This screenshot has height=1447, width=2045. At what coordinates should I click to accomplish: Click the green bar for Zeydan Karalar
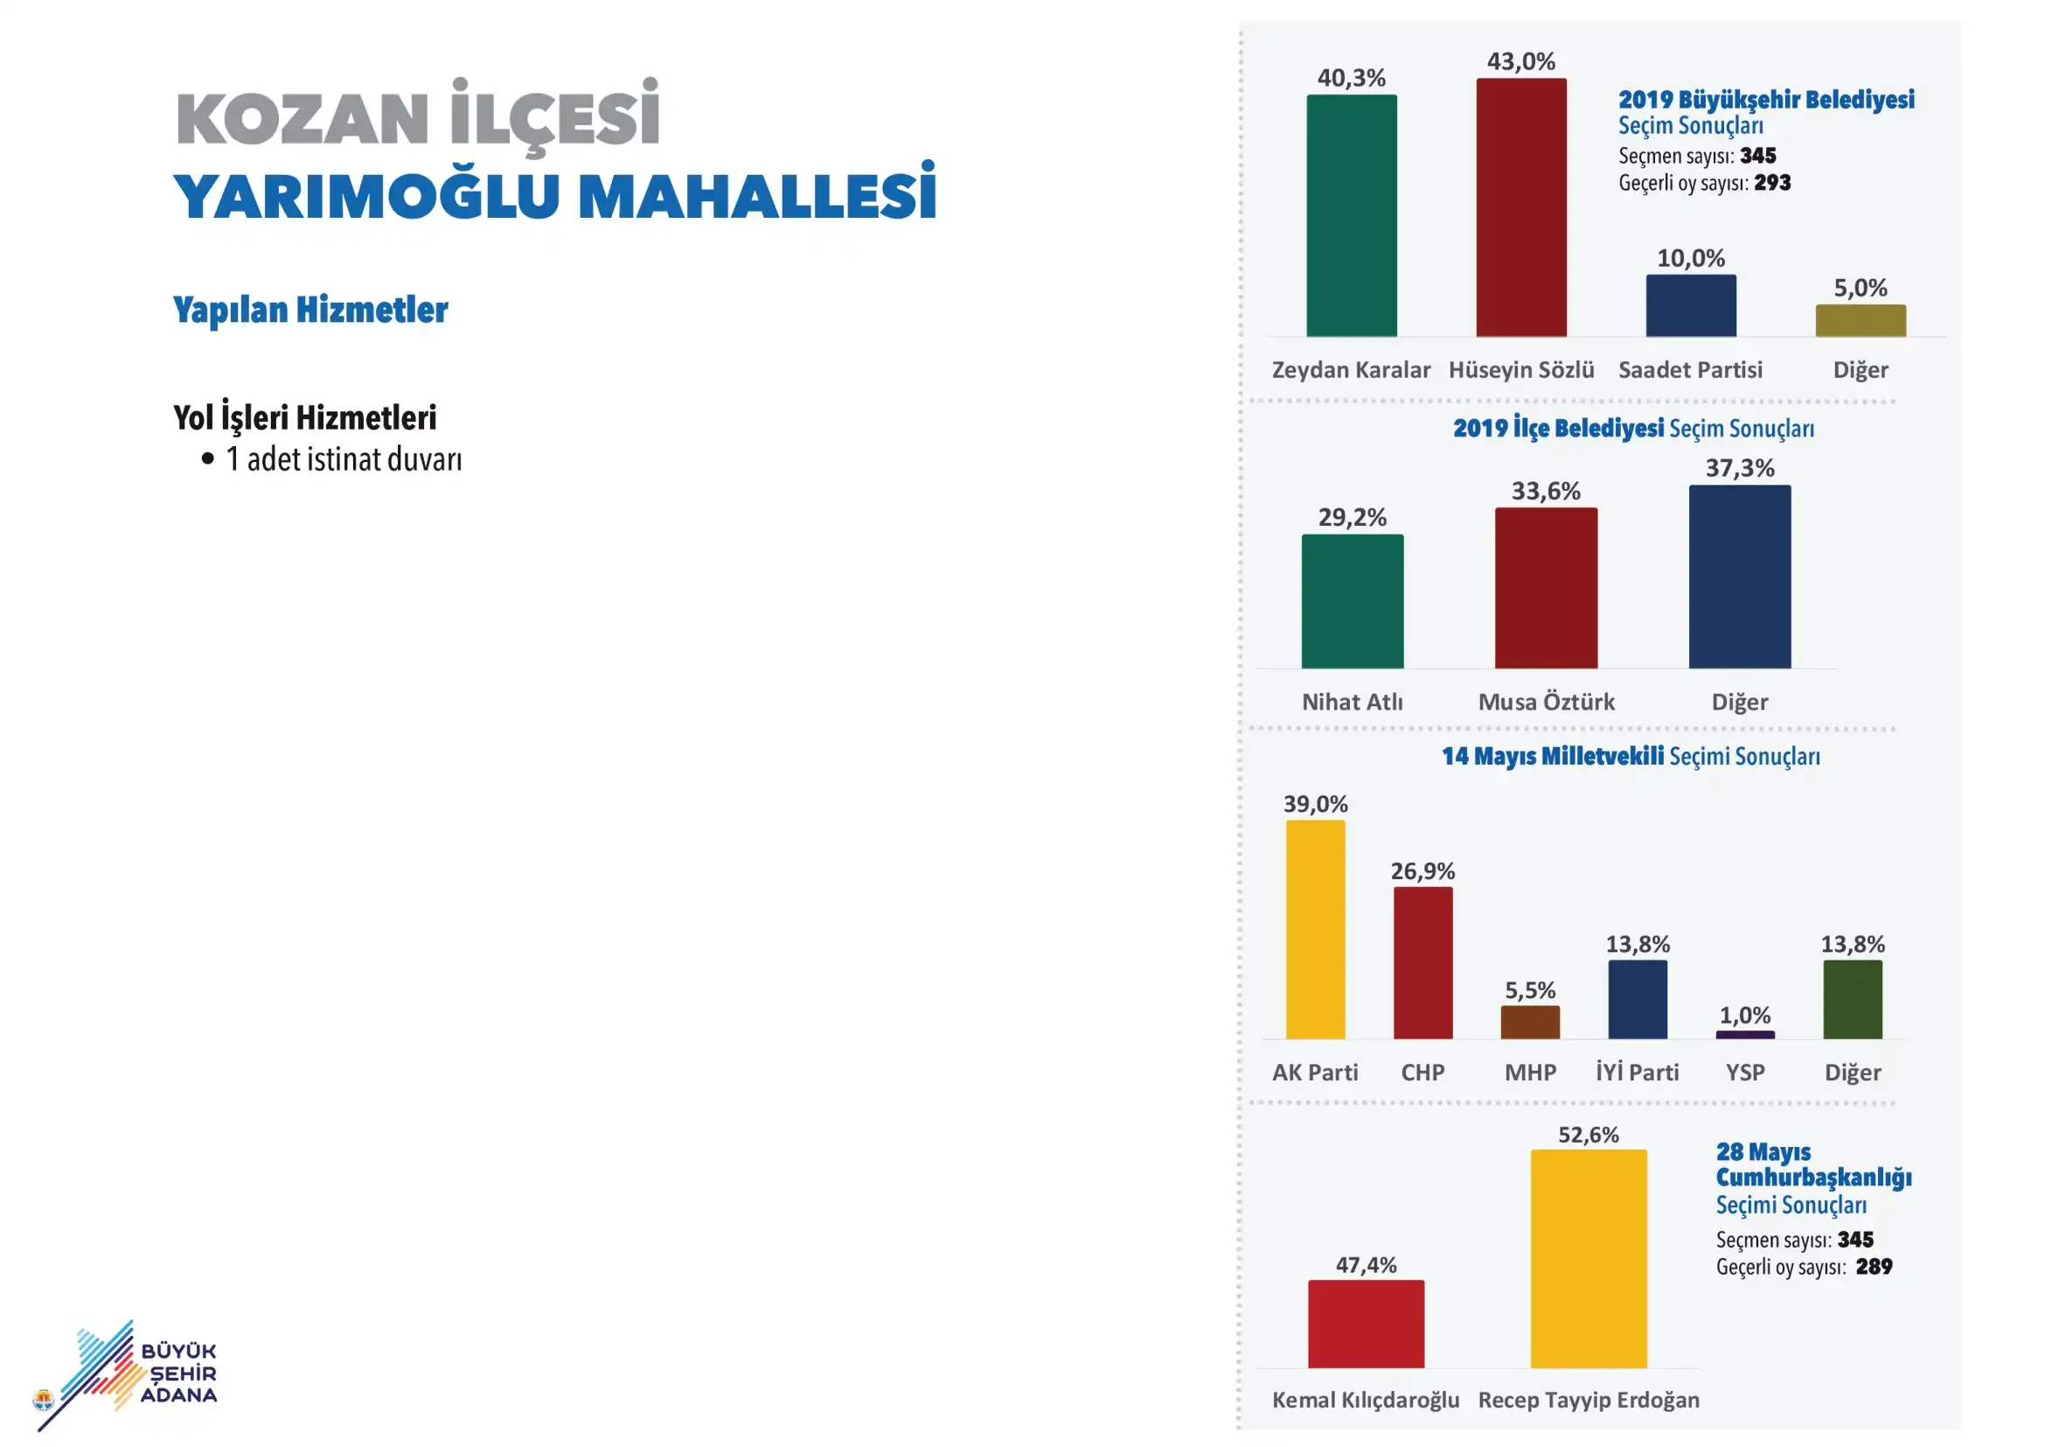point(1351,215)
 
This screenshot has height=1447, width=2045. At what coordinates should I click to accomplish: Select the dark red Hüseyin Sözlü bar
point(1521,207)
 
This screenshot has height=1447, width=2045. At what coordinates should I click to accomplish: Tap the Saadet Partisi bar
point(1691,305)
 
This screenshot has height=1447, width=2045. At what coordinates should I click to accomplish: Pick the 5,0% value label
point(1861,288)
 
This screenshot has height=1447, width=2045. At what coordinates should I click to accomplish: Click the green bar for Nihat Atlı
point(1352,601)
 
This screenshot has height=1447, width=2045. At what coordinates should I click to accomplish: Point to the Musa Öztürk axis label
point(1547,703)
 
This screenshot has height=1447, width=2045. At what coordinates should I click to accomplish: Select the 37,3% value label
point(1740,468)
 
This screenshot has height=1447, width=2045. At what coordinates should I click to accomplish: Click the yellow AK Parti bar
point(1316,929)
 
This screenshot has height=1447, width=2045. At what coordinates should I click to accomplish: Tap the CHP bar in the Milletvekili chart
point(1423,963)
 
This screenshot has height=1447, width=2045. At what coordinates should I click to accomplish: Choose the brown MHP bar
point(1530,1023)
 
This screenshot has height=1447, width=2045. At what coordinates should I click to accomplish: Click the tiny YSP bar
point(1745,1035)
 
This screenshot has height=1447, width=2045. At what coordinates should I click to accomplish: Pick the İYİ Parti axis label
point(1637,1072)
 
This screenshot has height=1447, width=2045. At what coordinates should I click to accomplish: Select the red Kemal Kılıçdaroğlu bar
point(1367,1324)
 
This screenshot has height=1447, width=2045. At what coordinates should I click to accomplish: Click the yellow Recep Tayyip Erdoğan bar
point(1589,1259)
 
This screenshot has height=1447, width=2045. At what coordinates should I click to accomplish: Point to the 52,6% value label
point(1589,1135)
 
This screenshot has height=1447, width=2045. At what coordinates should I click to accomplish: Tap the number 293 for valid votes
point(1772,183)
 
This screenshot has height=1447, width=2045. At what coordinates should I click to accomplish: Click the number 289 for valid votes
point(1874,1267)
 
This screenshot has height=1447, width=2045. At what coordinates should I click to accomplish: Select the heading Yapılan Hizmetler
point(311,310)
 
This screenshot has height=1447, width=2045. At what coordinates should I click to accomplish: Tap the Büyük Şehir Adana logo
point(126,1375)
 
